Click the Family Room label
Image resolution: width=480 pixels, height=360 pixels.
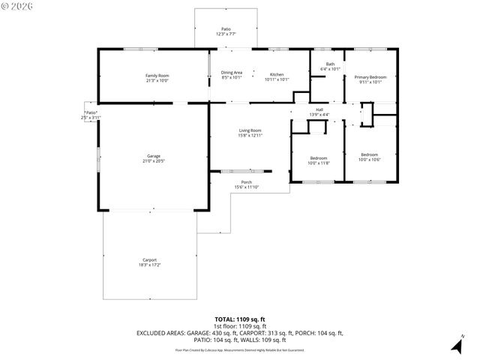tap(157, 75)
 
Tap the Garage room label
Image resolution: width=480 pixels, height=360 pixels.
tap(153, 155)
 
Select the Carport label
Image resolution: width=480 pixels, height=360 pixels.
tap(149, 259)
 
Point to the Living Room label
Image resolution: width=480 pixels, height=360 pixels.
tap(250, 130)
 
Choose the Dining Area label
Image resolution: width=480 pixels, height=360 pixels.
tap(232, 73)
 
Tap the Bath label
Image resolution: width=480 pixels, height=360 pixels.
tap(330, 64)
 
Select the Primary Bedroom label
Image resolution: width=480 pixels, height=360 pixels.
tap(370, 76)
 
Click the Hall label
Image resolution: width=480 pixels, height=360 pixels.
tap(319, 109)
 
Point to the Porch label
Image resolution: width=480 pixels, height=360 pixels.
tap(246, 181)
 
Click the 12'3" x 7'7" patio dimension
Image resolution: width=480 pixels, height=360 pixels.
tap(226, 34)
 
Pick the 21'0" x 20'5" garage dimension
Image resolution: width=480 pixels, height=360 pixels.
tap(153, 160)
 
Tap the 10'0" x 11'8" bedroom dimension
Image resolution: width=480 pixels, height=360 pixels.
tap(319, 162)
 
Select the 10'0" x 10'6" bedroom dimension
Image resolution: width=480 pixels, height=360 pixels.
tap(370, 159)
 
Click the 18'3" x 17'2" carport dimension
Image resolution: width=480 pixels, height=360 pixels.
tap(149, 265)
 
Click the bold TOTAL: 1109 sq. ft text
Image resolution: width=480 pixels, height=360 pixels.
tap(239, 319)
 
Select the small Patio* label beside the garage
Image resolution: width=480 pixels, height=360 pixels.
tap(91, 112)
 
